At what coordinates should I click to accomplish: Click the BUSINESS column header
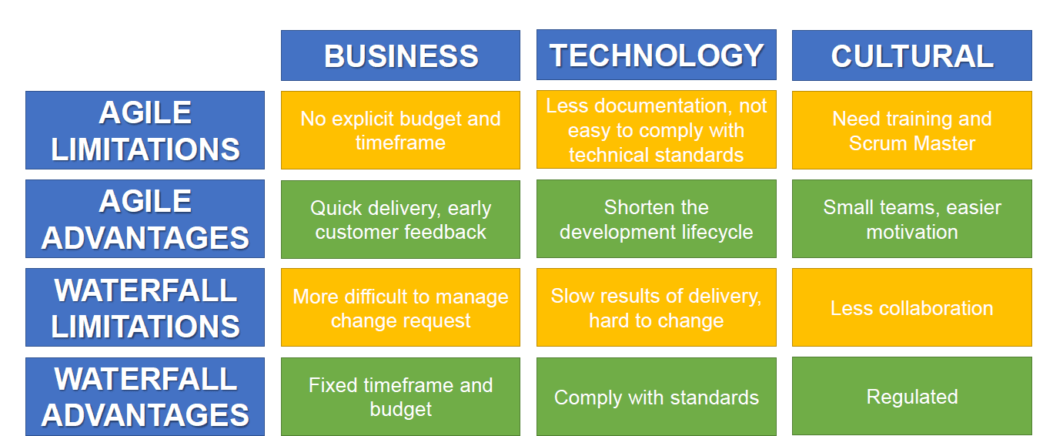click(x=400, y=55)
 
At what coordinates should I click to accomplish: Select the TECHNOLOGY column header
click(x=656, y=55)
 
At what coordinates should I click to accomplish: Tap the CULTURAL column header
click(x=911, y=55)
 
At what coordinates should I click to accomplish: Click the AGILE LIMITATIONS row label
click(x=145, y=130)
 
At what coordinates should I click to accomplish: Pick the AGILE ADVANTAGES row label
click(x=145, y=219)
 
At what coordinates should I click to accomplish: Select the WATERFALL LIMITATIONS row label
click(x=145, y=307)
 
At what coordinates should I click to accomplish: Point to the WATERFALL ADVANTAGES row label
click(x=145, y=397)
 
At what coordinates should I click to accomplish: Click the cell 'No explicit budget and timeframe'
click(x=400, y=130)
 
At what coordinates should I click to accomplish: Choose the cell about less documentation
click(x=656, y=129)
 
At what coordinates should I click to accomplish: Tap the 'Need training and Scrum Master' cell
click(x=911, y=130)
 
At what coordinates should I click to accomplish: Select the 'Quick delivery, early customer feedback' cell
click(x=400, y=220)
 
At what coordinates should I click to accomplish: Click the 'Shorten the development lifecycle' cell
click(x=656, y=219)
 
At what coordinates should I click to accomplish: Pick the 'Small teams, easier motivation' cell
click(x=911, y=219)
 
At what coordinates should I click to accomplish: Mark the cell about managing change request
click(x=400, y=307)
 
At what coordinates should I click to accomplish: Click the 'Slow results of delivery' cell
click(x=656, y=307)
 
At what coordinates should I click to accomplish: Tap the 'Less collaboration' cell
click(x=911, y=307)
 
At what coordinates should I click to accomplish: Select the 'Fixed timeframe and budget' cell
click(x=400, y=397)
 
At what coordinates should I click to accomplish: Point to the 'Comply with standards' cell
click(x=656, y=397)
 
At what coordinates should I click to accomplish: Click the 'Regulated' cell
click(x=911, y=396)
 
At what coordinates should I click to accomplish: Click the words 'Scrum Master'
click(x=911, y=143)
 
